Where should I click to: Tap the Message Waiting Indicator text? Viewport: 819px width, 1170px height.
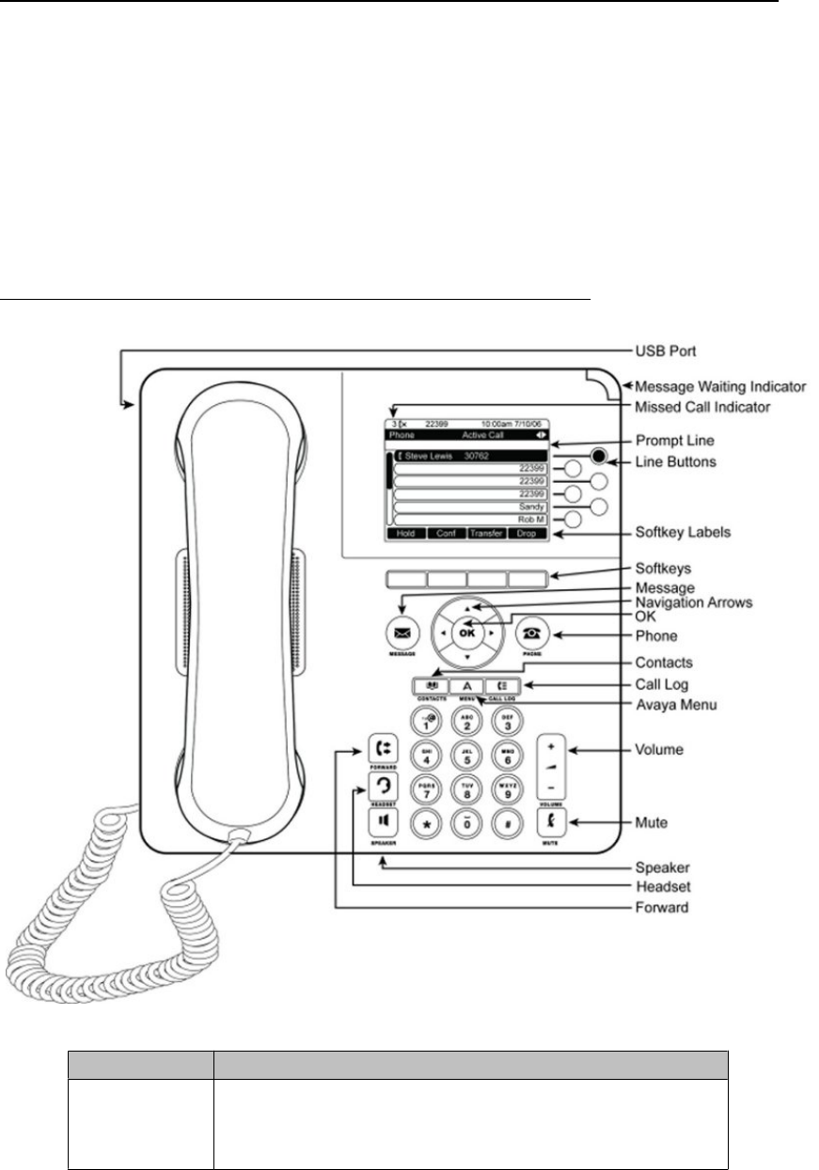click(x=718, y=386)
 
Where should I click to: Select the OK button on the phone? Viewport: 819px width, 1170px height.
click(x=467, y=632)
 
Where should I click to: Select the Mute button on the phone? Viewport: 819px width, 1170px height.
click(x=550, y=822)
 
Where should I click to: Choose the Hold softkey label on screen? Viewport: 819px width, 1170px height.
click(x=408, y=532)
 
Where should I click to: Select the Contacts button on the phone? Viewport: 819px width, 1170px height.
click(x=429, y=687)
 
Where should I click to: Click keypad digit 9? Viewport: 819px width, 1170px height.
click(x=509, y=789)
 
